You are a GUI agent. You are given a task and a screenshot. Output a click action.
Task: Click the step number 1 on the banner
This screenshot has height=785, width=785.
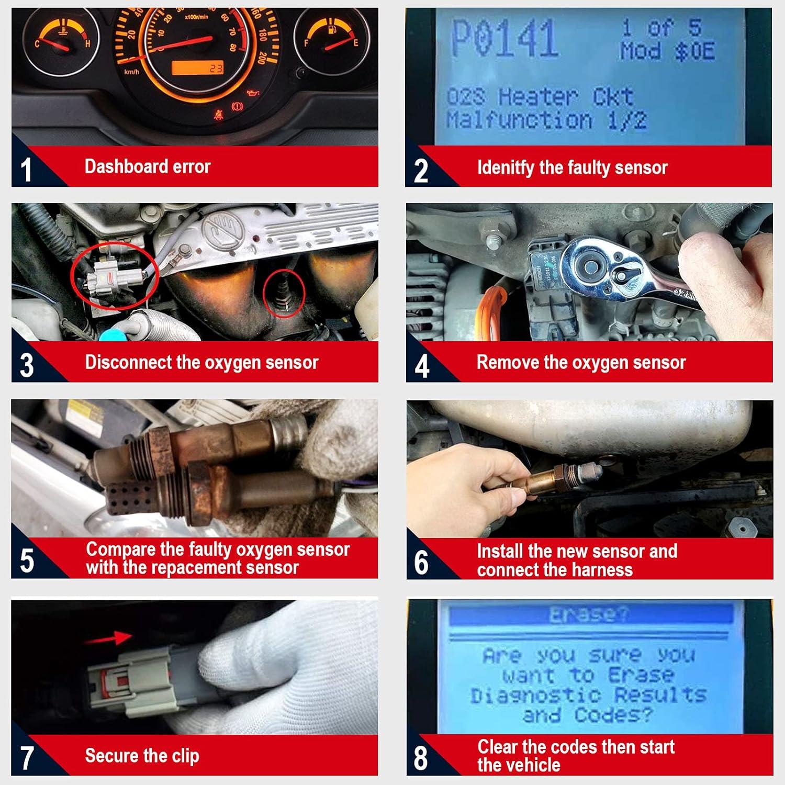coord(26,170)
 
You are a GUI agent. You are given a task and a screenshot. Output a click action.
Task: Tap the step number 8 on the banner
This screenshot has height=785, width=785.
coord(421,758)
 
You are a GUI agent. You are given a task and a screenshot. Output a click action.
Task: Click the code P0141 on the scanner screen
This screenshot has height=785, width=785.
coord(503,39)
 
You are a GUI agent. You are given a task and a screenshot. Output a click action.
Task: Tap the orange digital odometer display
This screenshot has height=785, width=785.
coord(198,68)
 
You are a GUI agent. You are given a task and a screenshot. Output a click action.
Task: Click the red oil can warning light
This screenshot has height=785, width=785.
coord(253,94)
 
